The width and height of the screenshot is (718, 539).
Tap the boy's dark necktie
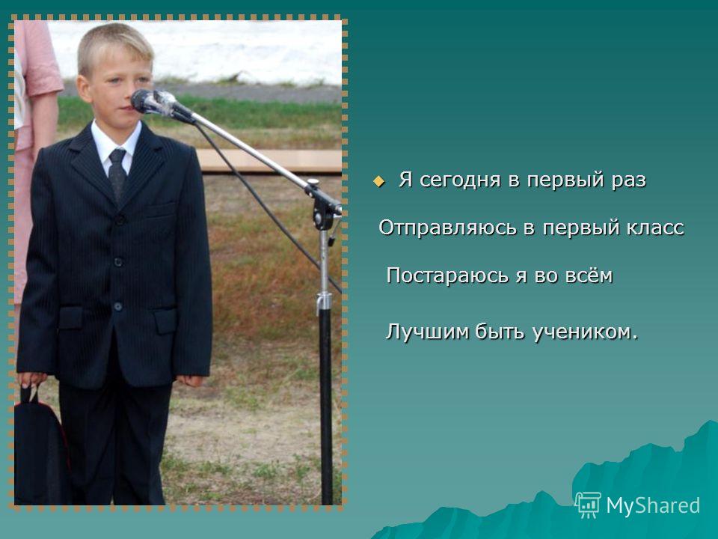coord(117,173)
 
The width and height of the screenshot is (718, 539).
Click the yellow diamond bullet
coord(378,181)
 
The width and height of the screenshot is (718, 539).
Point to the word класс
coord(655,228)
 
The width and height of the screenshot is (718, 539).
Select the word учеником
coord(585,332)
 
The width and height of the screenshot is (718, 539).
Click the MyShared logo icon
coord(588,505)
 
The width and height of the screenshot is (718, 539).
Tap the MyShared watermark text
coord(653,505)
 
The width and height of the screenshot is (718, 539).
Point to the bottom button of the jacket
coord(118,305)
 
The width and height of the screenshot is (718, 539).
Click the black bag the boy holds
coord(38,448)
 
